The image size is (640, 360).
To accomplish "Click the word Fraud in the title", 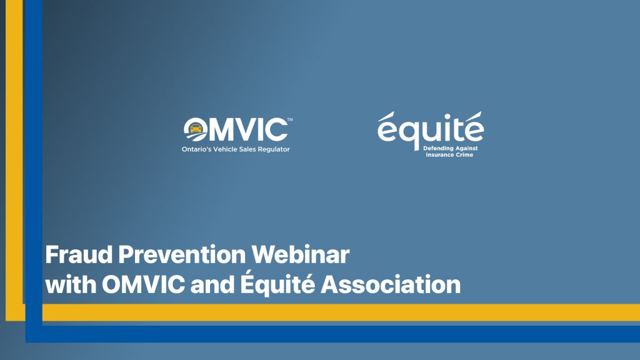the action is [79, 255].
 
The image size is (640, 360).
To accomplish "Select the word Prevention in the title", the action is [182, 255].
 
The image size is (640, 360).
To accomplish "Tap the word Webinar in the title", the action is [301, 255].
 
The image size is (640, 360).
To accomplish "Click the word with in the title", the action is [71, 284].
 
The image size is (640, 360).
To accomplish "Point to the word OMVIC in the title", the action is [143, 284].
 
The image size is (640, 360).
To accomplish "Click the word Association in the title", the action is [391, 284].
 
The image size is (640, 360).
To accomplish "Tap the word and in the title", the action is [212, 284].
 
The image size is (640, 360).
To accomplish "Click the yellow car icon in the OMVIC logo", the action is [196, 128].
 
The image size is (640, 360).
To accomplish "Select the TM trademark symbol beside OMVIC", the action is [290, 119].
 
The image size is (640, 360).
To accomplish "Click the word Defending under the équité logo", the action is [437, 149].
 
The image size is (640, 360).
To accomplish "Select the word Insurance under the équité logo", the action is [440, 155].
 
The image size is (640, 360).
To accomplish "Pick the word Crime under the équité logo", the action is [465, 155].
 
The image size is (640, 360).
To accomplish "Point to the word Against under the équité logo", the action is [465, 149].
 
